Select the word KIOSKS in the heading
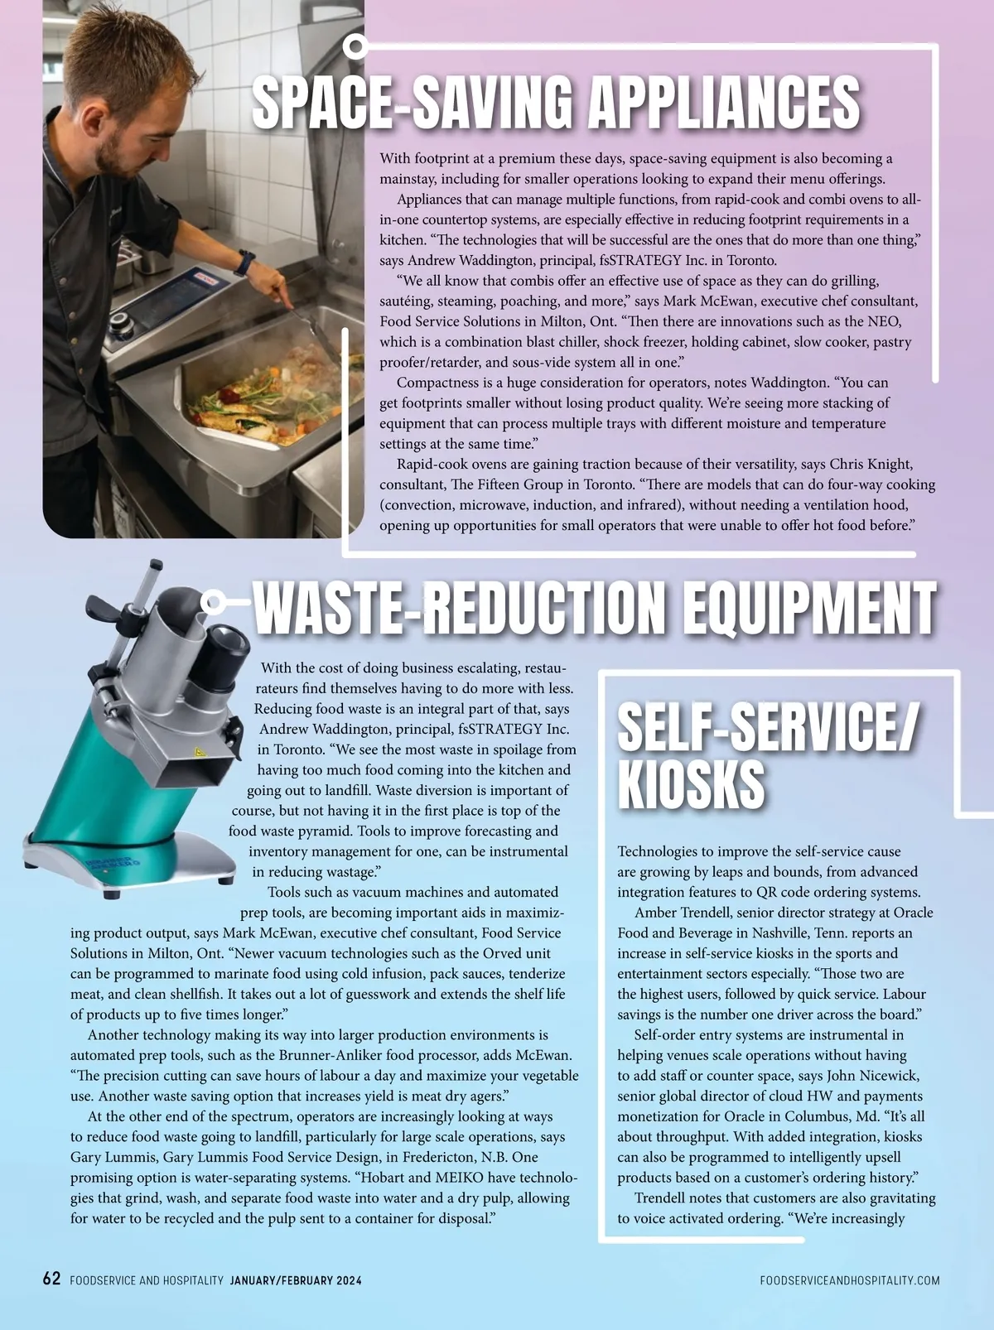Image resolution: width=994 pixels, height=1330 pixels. [691, 783]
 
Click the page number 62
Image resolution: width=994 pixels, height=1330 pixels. [51, 1279]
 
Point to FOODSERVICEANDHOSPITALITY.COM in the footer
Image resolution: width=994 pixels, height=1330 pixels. [849, 1280]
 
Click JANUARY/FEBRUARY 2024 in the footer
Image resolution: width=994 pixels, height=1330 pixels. [296, 1280]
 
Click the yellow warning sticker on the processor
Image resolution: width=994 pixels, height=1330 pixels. [199, 753]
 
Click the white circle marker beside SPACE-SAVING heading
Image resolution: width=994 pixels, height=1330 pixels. [355, 46]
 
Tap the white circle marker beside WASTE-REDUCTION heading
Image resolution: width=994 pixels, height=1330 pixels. [213, 601]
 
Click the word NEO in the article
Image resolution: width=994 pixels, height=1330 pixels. [886, 321]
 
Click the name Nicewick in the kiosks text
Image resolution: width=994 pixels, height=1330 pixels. [886, 1076]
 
